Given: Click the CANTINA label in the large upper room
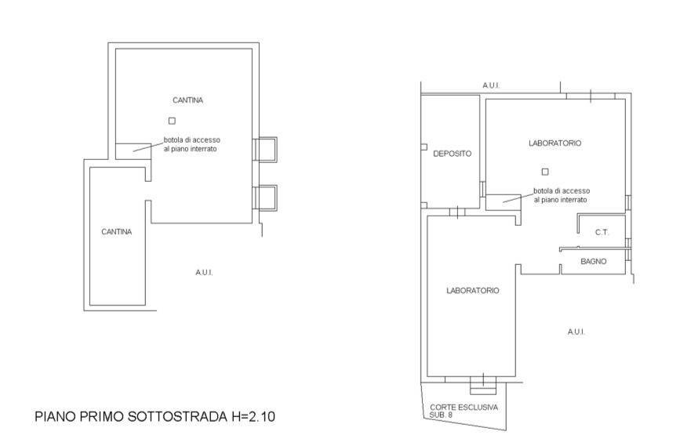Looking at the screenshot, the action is [x=187, y=100].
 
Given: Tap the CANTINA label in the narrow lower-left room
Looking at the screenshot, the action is [x=117, y=232].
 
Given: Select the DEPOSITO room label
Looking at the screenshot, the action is [x=453, y=154].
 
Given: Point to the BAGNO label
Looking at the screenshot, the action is [x=593, y=261].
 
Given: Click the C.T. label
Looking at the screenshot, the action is [x=602, y=232].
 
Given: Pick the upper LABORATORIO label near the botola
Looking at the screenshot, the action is [x=555, y=143].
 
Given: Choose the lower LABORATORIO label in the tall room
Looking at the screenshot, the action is [x=473, y=290].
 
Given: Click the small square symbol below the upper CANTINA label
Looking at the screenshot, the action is [x=173, y=121].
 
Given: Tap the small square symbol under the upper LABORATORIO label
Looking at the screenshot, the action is [x=545, y=172].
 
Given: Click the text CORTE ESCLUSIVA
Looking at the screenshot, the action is [x=464, y=408].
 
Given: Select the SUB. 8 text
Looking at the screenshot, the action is [x=439, y=415].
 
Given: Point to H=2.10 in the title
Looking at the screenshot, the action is [x=252, y=416].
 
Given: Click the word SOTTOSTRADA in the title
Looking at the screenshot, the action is [x=177, y=416].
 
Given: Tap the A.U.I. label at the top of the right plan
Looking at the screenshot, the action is [x=491, y=85].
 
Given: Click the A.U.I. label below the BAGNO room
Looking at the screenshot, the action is [x=576, y=332].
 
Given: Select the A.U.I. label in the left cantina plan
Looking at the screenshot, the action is [x=204, y=273].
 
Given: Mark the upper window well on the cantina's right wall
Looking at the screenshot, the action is [x=265, y=150].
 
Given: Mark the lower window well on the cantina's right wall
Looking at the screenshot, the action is [x=265, y=198].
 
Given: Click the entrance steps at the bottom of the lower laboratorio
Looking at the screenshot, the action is [x=483, y=386].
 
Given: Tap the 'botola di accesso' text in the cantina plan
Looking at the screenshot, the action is [x=191, y=140].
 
